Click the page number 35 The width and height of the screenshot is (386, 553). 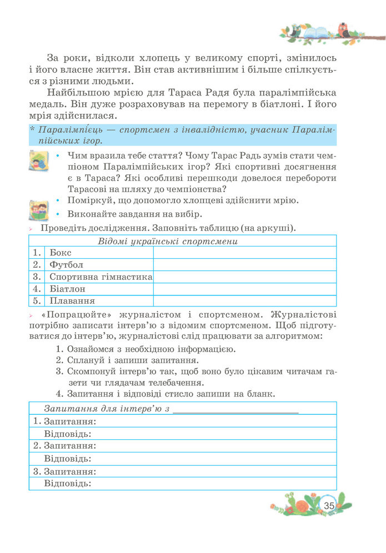(329, 505)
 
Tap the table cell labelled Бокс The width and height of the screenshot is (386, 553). (61, 253)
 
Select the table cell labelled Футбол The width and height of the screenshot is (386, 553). (66, 265)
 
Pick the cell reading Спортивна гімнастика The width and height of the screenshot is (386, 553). (100, 276)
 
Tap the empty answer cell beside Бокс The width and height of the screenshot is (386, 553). (244, 253)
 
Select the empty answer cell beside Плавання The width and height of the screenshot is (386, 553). (244, 301)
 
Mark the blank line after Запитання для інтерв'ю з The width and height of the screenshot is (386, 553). (236, 410)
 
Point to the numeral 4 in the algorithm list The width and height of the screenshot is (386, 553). (59, 394)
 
